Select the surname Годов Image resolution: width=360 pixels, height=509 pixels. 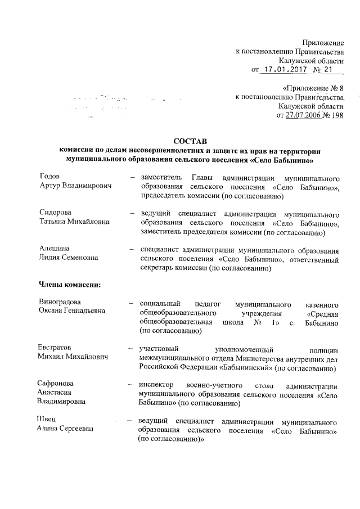point(48,177)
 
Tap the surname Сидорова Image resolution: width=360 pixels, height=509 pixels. point(55,213)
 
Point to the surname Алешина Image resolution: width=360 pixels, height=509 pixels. point(54,249)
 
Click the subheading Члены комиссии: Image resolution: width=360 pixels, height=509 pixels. point(69,283)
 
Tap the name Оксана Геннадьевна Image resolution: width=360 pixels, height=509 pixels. point(72,311)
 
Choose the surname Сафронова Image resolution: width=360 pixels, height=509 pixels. point(56,384)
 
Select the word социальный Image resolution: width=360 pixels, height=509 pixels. point(164,302)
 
